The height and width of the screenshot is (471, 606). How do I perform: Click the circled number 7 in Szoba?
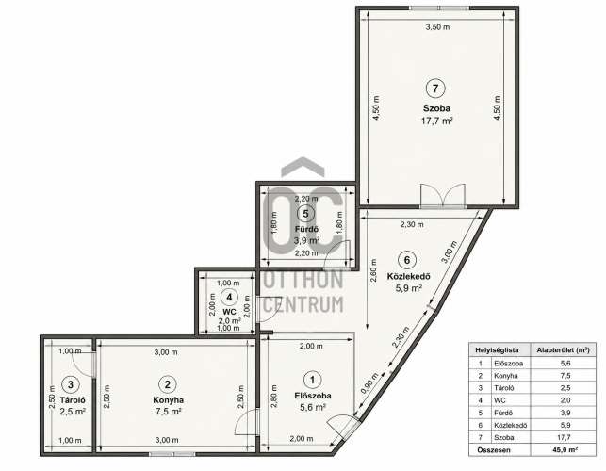pyautogui.click(x=435, y=89)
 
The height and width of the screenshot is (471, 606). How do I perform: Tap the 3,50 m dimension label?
pyautogui.click(x=437, y=27)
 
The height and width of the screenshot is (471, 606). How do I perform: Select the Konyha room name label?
pyautogui.click(x=168, y=400)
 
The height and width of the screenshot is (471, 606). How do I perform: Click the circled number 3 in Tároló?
pyautogui.click(x=71, y=384)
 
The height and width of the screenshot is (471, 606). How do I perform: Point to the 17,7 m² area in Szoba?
pyautogui.click(x=436, y=121)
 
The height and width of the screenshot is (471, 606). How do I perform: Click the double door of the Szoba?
pyautogui.click(x=443, y=196)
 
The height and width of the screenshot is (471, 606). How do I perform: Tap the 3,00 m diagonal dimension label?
pyautogui.click(x=450, y=252)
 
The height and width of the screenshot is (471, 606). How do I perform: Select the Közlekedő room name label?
pyautogui.click(x=408, y=277)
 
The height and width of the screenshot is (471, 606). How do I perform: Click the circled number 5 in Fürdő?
pyautogui.click(x=305, y=213)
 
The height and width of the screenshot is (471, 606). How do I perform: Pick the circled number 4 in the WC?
pyautogui.click(x=229, y=298)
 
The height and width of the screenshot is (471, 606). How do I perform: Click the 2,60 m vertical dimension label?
pyautogui.click(x=374, y=270)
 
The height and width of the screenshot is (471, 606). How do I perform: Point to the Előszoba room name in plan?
pyautogui.click(x=313, y=396)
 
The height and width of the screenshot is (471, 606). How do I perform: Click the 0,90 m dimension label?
pyautogui.click(x=369, y=383)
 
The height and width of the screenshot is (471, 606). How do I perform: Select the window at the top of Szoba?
pyautogui.click(x=439, y=8)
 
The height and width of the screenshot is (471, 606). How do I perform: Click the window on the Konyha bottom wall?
pyautogui.click(x=172, y=454)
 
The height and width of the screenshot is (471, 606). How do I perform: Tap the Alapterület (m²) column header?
pyautogui.click(x=563, y=350)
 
